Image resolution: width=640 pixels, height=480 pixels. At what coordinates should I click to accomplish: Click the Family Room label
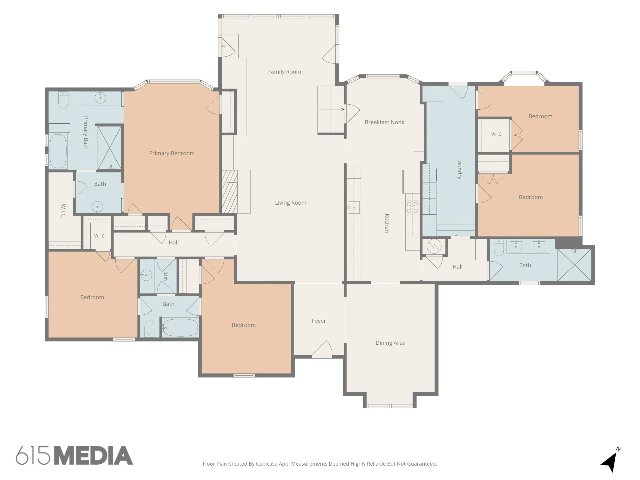coord(284,72)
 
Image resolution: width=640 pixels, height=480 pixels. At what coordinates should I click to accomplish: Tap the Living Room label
coord(290,203)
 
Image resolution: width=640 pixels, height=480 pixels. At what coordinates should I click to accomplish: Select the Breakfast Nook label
coord(384,122)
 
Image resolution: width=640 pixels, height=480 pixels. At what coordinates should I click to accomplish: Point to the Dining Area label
coord(390,343)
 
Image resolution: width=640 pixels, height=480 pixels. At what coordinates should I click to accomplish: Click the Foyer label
coord(318,321)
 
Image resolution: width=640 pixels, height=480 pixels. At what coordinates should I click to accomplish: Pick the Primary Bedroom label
coord(172,153)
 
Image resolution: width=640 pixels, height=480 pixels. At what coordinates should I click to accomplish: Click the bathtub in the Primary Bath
coord(58,151)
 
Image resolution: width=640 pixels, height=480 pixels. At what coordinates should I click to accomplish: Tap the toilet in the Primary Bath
coord(63,99)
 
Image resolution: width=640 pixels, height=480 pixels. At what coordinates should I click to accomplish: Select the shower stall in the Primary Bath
coord(109,148)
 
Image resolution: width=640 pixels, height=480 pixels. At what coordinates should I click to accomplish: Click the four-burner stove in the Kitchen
coord(412,207)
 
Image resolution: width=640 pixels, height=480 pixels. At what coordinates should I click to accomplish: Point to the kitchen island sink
coord(354,207)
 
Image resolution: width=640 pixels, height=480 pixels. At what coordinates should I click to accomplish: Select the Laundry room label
coord(459,168)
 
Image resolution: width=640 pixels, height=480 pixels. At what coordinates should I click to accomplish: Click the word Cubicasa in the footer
coord(267,464)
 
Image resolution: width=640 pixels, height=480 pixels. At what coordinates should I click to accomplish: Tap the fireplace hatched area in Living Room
coord(229,192)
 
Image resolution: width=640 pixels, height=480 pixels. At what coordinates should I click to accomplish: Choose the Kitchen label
coord(387,223)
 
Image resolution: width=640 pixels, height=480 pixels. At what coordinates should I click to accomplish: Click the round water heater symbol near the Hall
coord(434,247)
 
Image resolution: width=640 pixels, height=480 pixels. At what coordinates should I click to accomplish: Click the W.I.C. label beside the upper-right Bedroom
coord(497,134)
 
